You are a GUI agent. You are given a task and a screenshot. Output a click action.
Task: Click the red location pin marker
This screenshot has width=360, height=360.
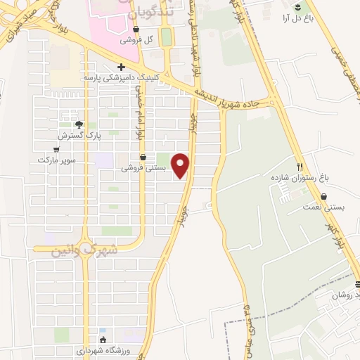pyautogui.click(x=181, y=166)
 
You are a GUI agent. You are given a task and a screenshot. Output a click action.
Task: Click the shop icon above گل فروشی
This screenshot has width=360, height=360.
pyautogui.click(x=135, y=30)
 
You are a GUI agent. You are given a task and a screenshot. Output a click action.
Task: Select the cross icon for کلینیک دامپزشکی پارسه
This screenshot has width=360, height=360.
pyautogui.click(x=122, y=67)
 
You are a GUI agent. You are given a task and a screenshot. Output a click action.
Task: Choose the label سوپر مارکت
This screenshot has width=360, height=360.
pyautogui.click(x=56, y=160)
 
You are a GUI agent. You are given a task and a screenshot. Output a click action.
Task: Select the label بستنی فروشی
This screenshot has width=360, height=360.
pyautogui.click(x=144, y=168)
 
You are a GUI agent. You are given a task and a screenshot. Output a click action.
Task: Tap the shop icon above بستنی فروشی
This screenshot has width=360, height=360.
pyautogui.click(x=143, y=157)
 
